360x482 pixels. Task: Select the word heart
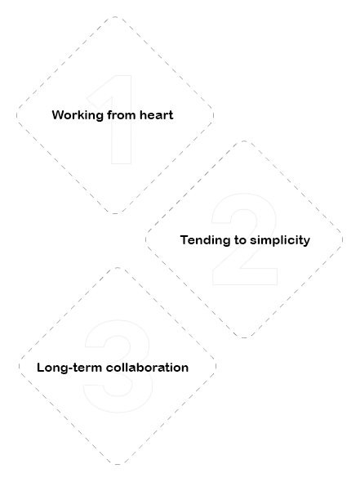[157, 115]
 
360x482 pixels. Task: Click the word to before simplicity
[240, 240]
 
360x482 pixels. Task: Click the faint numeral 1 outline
[113, 119]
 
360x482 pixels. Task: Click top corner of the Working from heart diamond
[115, 16]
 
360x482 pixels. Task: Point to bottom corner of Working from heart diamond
[115, 213]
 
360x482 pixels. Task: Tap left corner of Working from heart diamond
[16, 115]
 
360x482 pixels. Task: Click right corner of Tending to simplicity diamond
[343, 239]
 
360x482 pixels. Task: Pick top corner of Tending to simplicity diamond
[244, 141]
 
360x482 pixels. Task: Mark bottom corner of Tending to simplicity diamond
[244, 338]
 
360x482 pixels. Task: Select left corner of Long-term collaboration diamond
[19, 366]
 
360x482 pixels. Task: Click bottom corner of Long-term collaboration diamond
[118, 464]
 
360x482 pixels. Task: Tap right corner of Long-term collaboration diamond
[216, 366]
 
